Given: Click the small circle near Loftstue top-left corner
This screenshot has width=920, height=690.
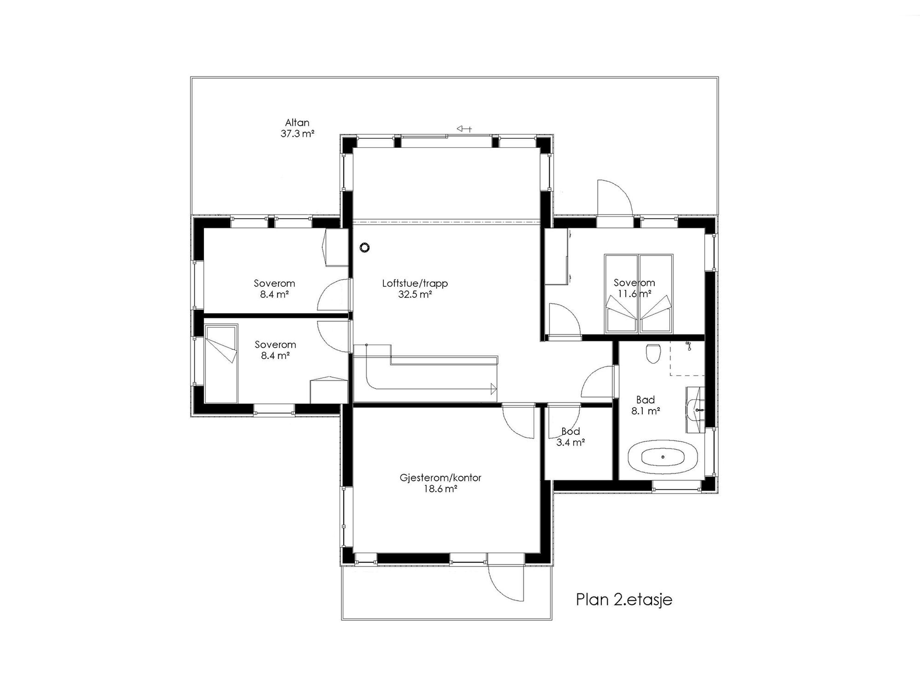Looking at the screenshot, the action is tap(365, 247).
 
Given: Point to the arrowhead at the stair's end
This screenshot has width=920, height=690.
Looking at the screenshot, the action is tap(494, 389).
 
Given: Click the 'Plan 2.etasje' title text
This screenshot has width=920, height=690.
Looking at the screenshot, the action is tap(624, 599).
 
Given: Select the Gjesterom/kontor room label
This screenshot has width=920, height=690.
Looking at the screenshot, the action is tap(440, 483).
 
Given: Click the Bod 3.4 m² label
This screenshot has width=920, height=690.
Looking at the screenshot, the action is tap(571, 437).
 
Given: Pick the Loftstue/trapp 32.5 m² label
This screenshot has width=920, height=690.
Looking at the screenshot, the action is tap(415, 289).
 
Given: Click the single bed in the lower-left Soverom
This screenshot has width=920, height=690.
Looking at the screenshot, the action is tap(221, 364).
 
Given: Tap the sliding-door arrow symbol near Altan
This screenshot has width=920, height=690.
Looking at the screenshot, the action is tap(464, 129).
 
